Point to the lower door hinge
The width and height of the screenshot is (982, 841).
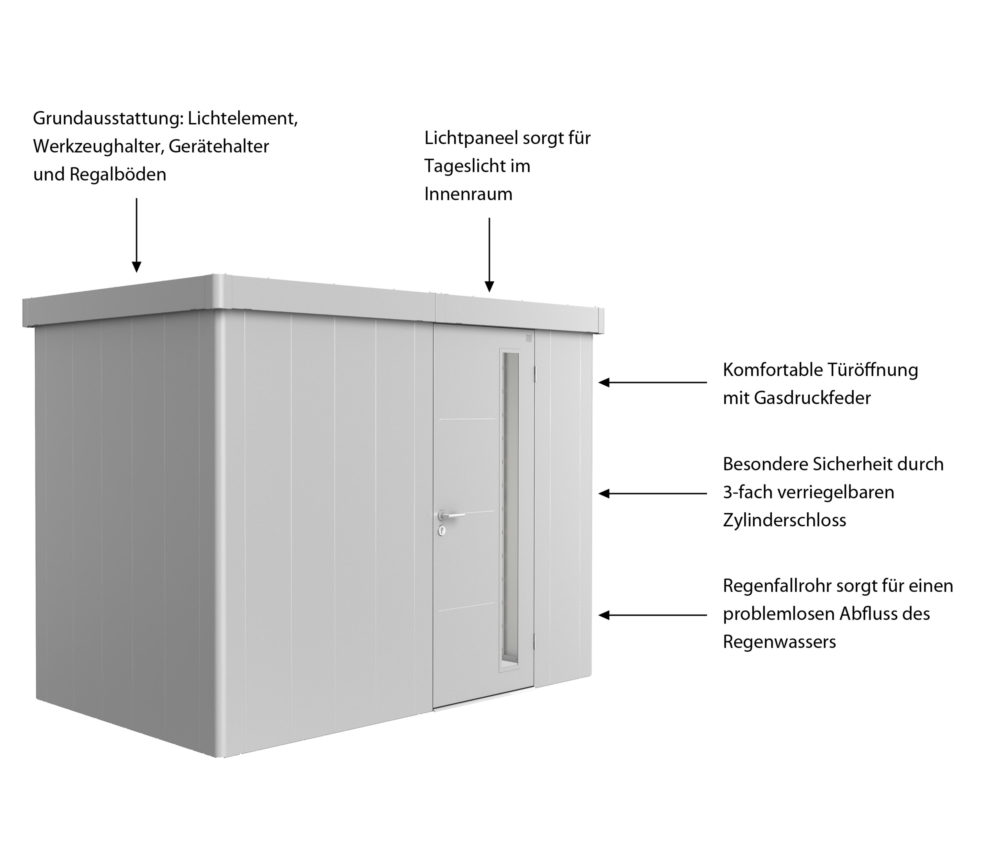coord(536,642)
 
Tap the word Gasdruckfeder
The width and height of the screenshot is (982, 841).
coord(812,398)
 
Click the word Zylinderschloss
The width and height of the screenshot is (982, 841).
coord(784,520)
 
